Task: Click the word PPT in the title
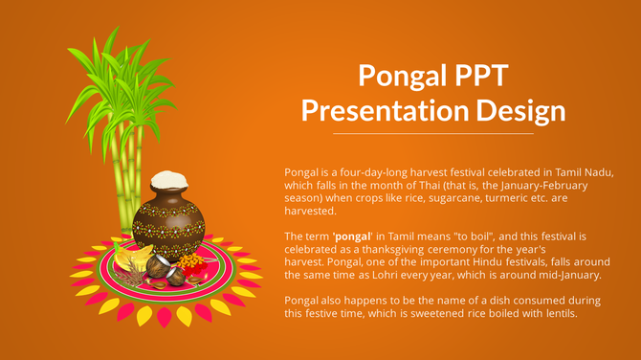click(475, 77)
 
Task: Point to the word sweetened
click(422, 313)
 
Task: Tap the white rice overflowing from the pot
click(168, 179)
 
